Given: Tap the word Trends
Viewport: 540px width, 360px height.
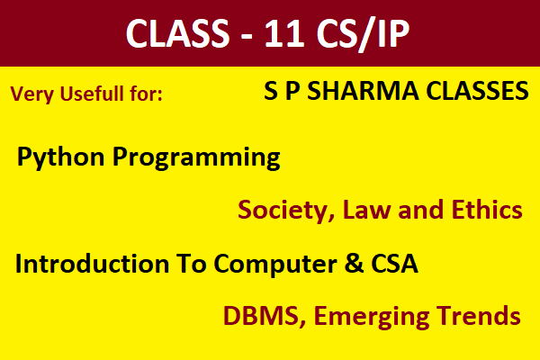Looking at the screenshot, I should click(x=477, y=316).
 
